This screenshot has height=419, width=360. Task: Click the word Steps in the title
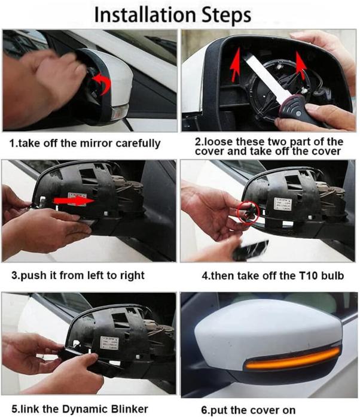tap(227, 16)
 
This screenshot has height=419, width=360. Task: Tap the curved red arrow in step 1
tap(102, 83)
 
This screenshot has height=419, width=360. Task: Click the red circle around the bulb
tap(248, 212)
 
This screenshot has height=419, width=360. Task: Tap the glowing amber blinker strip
tap(292, 358)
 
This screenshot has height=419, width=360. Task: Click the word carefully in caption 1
tap(138, 144)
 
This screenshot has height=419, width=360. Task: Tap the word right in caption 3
tap(132, 276)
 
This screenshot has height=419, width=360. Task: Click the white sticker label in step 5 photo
tap(109, 343)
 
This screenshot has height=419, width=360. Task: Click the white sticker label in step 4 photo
tap(283, 205)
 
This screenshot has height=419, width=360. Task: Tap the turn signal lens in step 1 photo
tap(120, 112)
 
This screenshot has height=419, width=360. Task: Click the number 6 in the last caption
tap(204, 410)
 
